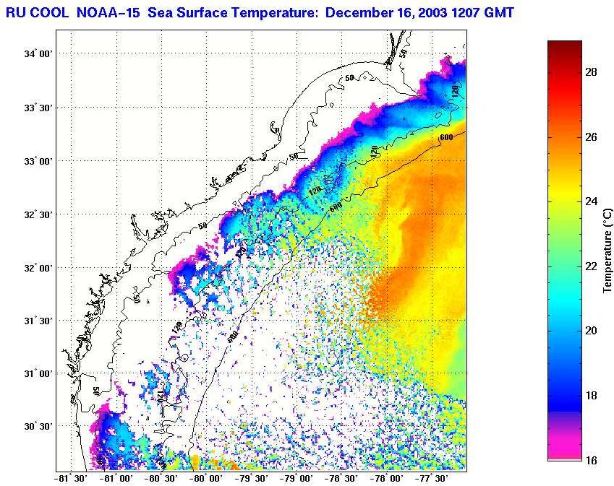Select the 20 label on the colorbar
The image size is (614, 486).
[x=589, y=331]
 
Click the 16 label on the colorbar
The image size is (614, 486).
[x=589, y=459]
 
